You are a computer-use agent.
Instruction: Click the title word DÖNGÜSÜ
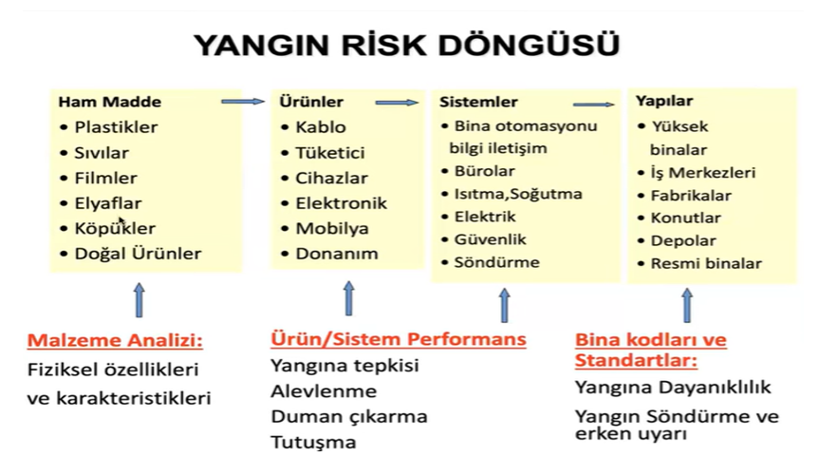529,44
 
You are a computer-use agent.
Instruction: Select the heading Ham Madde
109,102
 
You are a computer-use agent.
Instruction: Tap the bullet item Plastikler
116,127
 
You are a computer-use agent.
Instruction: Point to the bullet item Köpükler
115,228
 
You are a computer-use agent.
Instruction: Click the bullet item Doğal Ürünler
138,253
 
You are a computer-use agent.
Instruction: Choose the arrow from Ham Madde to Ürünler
243,102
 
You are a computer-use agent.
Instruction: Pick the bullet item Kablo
321,127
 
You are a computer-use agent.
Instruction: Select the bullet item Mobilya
332,228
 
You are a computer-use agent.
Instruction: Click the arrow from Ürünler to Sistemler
397,103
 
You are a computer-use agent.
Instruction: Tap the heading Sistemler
478,102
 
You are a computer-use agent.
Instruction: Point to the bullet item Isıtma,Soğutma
518,194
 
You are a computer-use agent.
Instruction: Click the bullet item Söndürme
496,262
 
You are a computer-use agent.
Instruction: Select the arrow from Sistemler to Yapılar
594,105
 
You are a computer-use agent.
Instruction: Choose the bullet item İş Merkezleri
703,173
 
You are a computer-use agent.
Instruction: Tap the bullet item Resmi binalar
706,263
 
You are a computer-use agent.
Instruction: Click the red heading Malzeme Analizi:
116,340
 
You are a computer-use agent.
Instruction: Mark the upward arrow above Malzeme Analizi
139,300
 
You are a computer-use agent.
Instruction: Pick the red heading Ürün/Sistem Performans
399,338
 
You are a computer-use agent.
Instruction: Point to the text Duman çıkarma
349,417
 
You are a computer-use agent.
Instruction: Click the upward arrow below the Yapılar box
687,305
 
